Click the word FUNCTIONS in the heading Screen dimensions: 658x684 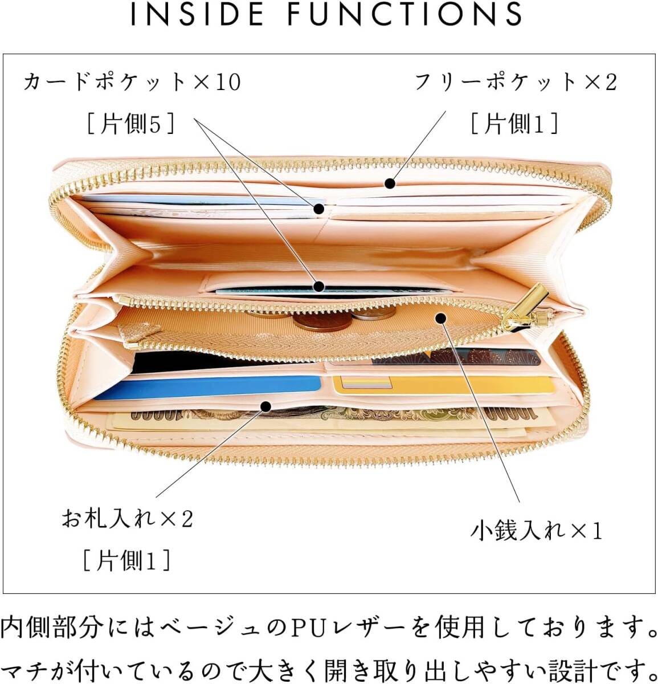coord(405,15)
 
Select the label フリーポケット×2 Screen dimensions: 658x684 coord(515,83)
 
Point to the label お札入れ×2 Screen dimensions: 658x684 coord(128,519)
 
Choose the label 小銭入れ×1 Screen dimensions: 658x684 coord(536,531)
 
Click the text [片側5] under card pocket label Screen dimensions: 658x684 coord(130,123)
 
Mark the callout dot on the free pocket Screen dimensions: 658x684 coord(390,184)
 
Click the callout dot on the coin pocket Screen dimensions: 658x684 coord(440,318)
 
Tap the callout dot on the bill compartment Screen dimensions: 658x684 coord(265,406)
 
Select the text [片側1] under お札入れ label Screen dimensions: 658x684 coord(126,560)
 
